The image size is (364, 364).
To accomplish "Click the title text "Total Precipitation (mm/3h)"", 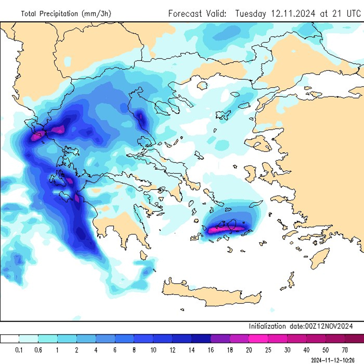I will (x=66, y=14).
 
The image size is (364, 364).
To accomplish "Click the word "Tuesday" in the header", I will (x=251, y=13).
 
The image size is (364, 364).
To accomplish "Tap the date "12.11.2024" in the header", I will (x=293, y=13).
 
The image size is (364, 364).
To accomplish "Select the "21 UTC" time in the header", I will (x=346, y=13).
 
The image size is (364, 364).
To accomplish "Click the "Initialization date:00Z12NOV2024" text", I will (x=301, y=326).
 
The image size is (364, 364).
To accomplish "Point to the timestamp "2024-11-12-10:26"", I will (x=333, y=361).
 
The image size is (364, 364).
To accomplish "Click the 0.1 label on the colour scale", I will (x=19, y=350).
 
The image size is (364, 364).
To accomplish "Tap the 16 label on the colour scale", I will (x=211, y=350).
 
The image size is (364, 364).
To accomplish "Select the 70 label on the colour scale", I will (x=345, y=350).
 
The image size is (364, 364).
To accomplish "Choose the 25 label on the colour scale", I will (x=268, y=350).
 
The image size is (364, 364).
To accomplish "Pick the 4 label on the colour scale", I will (x=96, y=350).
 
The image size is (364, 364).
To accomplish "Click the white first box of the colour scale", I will (x=9, y=339).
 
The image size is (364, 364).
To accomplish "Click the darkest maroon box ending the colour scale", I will (x=354, y=339).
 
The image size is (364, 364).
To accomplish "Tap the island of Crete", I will (x=212, y=295).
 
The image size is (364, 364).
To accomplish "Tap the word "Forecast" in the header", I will (x=185, y=13).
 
